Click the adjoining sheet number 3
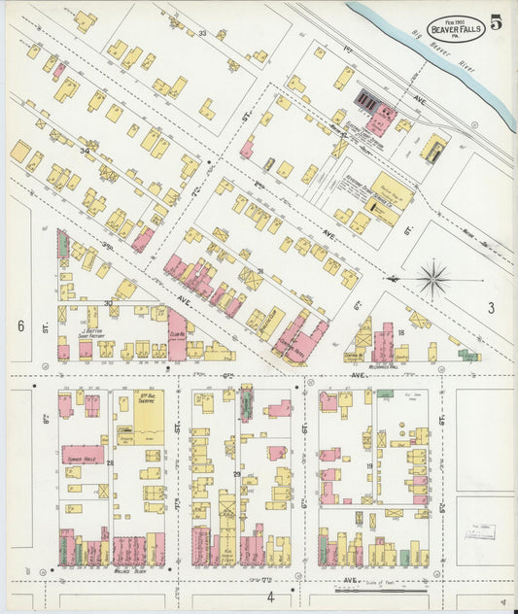point(492,308)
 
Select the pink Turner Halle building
point(85,454)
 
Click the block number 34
point(86,151)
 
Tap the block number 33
point(202,33)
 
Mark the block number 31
point(259,271)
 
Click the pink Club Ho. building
point(177,330)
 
